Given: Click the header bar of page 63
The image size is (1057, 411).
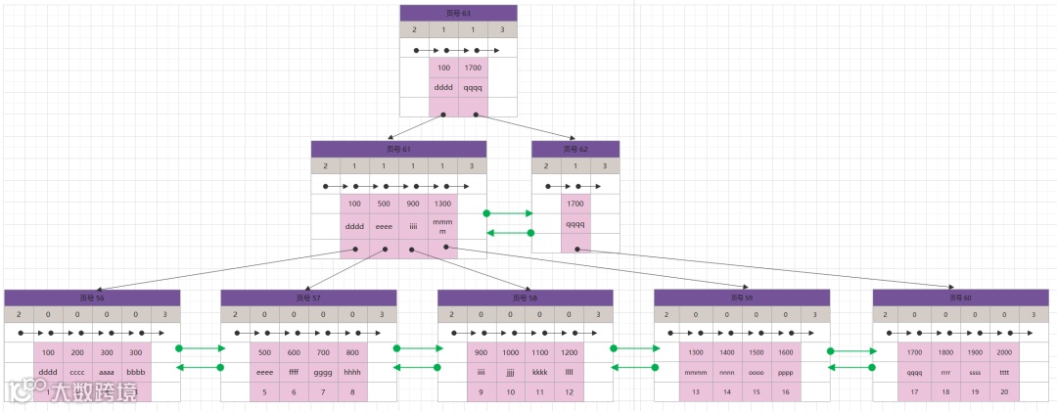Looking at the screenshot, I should click(x=458, y=13).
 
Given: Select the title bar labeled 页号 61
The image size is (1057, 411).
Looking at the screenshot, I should click(x=398, y=149).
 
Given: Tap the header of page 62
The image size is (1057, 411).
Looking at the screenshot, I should click(x=575, y=149).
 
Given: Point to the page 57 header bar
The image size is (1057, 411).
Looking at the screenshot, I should click(x=308, y=297).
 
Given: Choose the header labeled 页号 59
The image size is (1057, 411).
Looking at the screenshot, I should click(x=741, y=297).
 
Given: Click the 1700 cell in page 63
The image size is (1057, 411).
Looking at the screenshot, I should click(x=473, y=68).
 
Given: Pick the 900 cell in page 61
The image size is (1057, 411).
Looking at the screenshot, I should click(x=413, y=204).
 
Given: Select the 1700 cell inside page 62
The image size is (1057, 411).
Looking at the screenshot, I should click(x=575, y=204).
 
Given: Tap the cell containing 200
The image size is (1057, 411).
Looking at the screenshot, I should click(x=77, y=351).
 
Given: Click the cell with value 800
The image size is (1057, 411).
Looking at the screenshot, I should click(x=352, y=351).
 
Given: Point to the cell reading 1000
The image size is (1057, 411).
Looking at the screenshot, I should click(x=510, y=351).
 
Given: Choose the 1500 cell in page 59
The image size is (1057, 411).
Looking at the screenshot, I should click(x=756, y=351).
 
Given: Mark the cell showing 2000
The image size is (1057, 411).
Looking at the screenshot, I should click(x=1004, y=351).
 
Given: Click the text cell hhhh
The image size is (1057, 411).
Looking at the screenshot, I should click(x=352, y=372).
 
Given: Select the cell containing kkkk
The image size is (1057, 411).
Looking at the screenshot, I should click(x=539, y=372).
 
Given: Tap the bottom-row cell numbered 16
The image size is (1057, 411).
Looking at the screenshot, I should click(x=785, y=391).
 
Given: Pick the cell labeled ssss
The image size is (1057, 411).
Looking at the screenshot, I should click(x=974, y=372).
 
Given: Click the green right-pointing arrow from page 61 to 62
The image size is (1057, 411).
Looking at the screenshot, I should click(x=509, y=212).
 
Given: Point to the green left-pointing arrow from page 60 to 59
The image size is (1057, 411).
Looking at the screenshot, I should click(x=850, y=368).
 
